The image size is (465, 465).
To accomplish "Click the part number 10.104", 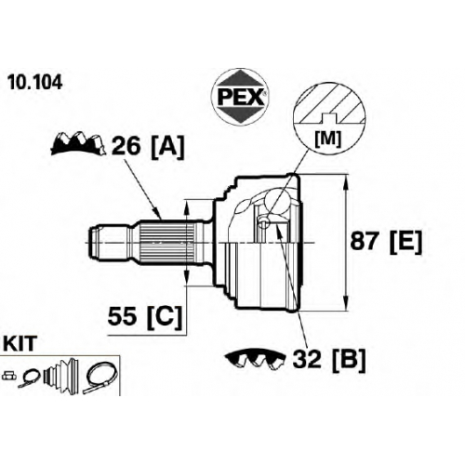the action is click(35, 83).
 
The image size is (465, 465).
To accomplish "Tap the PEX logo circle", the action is click(240, 97).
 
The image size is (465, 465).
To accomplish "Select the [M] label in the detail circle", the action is click(328, 139).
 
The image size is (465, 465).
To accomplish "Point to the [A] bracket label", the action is click(167, 147).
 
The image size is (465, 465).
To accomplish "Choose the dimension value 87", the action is click(366, 241).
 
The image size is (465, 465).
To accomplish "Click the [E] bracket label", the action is click(406, 242).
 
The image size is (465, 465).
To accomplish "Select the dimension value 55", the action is click(122, 316).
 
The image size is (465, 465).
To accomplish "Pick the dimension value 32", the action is click(307, 359).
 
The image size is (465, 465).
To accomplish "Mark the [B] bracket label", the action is click(349, 361).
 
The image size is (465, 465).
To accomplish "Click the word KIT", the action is click(20, 344).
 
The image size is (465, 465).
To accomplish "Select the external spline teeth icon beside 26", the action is click(78, 144).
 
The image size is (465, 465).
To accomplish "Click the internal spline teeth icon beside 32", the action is click(256, 360).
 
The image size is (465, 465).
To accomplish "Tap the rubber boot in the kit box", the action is click(61, 377).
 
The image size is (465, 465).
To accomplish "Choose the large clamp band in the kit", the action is click(100, 379).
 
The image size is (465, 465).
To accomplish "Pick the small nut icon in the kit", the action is click(8, 376).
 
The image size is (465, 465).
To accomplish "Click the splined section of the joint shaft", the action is click(167, 242).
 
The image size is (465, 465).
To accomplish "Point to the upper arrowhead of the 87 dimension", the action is click(346, 184).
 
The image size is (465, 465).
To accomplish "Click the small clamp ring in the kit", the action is click(30, 378).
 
